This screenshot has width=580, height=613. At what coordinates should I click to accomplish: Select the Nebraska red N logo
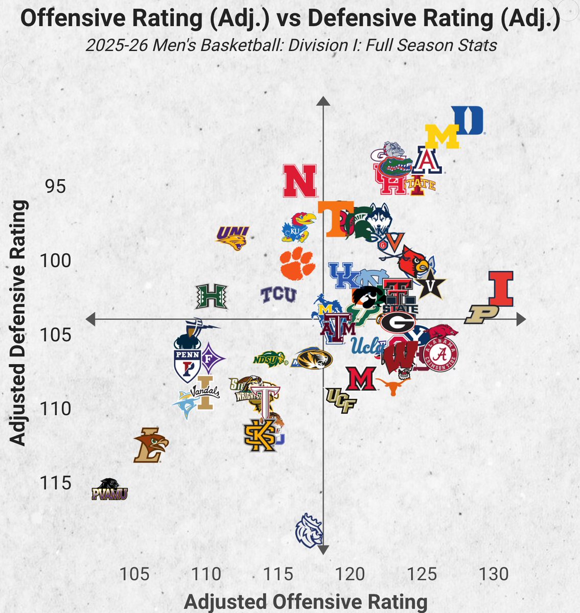coord(300,181)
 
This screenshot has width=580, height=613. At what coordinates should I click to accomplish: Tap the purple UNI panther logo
coord(233,238)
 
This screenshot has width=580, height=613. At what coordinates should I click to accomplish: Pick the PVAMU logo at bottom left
coord(109,490)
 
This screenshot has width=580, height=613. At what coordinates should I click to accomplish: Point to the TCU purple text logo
coord(279,295)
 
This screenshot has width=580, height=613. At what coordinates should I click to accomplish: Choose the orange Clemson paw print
coord(297,264)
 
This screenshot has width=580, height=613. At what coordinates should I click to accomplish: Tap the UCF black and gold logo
coord(341,399)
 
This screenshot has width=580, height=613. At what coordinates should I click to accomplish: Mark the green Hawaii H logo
coord(212,297)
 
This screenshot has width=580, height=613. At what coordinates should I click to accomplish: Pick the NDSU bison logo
coord(269,359)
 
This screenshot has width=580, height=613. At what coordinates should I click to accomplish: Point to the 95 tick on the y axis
coord(55,187)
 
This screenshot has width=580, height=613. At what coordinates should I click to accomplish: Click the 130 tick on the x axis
coord(494,574)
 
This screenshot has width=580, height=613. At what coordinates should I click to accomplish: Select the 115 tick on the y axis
coord(55,483)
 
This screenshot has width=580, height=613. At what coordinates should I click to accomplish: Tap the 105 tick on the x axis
coord(134,574)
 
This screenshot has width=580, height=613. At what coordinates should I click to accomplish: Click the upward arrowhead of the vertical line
coord(323,101)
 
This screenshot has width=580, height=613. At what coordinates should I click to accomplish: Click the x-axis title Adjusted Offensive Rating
coord(306,602)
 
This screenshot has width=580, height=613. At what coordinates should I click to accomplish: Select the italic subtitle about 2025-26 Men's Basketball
coord(291,45)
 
